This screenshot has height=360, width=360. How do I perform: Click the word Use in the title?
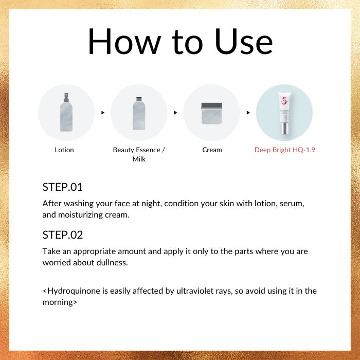[244, 42]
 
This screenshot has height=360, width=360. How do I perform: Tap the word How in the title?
[124, 42]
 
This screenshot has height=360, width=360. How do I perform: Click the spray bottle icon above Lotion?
[66, 112]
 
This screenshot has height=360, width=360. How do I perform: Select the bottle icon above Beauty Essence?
[139, 114]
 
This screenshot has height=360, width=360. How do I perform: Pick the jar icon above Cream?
[211, 114]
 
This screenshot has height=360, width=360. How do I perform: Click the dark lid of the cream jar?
[211, 105]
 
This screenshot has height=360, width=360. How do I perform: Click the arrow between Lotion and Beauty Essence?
[103, 113]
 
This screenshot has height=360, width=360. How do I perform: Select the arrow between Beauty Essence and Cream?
[175, 113]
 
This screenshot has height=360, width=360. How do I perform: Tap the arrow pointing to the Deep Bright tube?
[248, 113]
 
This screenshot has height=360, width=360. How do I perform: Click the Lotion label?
[64, 150]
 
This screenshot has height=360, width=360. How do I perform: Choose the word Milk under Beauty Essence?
[139, 159]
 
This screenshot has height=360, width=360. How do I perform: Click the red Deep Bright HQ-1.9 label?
[285, 150]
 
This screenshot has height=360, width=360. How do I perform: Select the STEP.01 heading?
[62, 187]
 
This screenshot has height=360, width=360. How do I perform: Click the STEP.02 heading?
[63, 235]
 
